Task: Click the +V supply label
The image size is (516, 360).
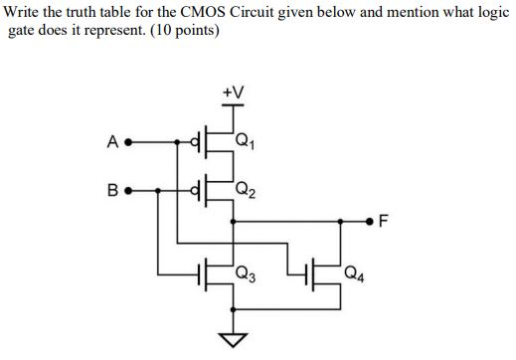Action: [x=235, y=92]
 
